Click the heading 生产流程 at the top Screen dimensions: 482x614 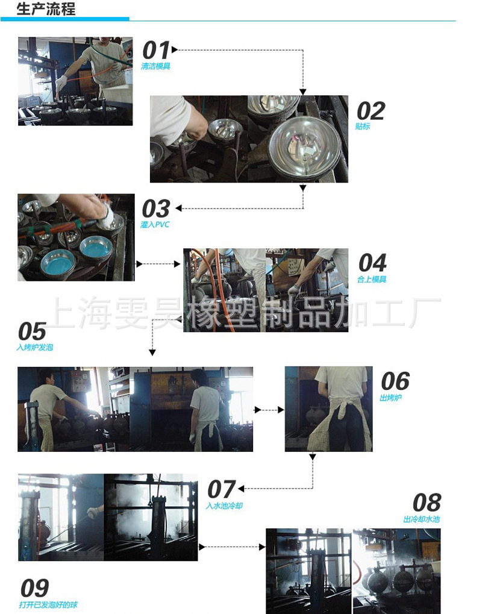pos(46,8)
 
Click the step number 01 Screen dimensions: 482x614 pos(155,50)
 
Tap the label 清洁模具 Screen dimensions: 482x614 pos(155,66)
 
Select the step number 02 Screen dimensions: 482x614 pos(371,111)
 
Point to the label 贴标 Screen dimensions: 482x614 pos(363,126)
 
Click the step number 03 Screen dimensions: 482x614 pos(156,208)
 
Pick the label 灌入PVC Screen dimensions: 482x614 pos(155,224)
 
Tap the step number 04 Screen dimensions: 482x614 pos(372,262)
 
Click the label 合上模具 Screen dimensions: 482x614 pos(372,279)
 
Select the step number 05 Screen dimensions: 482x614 pos(32,331)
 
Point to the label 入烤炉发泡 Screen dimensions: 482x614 pos(35,347)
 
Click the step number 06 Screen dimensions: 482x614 pos(395,381)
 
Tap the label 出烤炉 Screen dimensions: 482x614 pos(391,398)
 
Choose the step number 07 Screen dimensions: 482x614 pos(222,489)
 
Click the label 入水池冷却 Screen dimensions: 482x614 pos(224,506)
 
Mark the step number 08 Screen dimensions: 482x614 pos(427,503)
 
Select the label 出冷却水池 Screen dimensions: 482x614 pos(422,519)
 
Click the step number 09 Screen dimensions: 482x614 pos(34,588)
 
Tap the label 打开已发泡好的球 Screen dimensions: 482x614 pos(48,605)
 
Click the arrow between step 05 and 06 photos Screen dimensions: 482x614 pos(269,410)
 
